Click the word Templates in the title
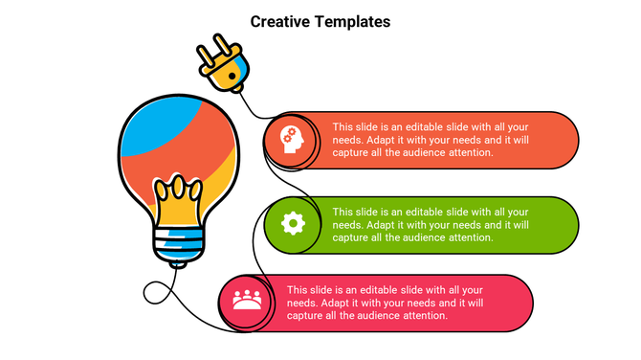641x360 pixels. click(354, 21)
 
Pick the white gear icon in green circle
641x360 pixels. click(293, 224)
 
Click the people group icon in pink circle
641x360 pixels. click(248, 301)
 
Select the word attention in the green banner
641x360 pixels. click(471, 237)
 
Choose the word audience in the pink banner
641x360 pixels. click(399, 316)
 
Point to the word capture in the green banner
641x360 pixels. click(351, 237)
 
